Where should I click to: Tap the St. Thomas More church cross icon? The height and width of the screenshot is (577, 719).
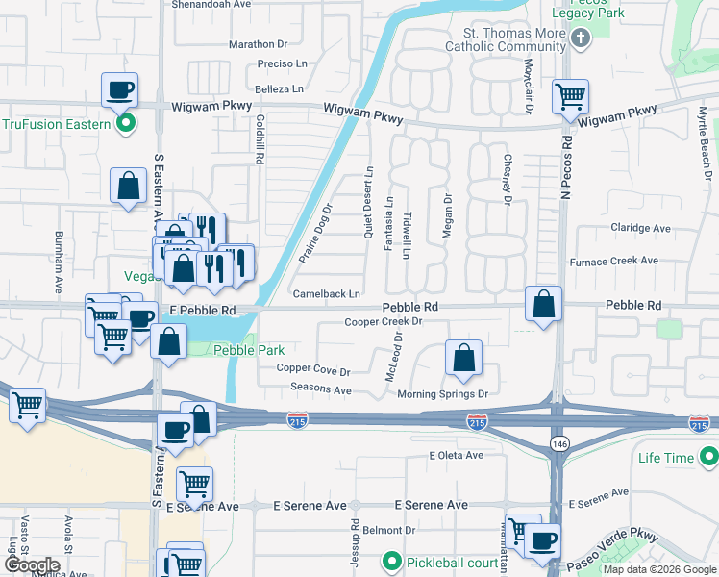[580, 38]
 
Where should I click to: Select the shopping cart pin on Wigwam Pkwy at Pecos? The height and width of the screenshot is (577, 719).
[571, 96]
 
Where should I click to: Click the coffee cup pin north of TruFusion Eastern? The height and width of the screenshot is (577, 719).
[120, 90]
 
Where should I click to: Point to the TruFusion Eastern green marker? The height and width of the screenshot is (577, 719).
[125, 124]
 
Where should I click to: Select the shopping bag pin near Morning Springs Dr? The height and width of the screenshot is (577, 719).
[464, 358]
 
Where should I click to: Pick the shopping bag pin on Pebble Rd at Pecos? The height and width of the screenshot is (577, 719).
[544, 304]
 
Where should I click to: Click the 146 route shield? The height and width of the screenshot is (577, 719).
[558, 441]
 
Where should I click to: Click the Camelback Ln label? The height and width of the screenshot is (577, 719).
[327, 293]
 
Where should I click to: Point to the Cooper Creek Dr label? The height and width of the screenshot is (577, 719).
[384, 321]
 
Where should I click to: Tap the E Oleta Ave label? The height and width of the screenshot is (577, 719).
[457, 455]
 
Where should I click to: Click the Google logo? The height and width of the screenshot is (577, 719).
[31, 565]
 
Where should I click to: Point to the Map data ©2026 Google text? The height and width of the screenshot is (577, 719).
[658, 569]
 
